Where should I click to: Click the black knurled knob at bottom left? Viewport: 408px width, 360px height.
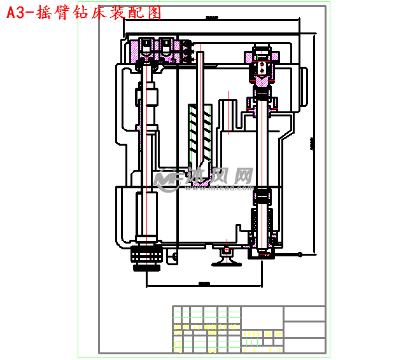pos(147,258)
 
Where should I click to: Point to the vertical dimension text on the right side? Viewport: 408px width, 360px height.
pos(311,143)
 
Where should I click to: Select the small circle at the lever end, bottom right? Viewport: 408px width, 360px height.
pos(300,254)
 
